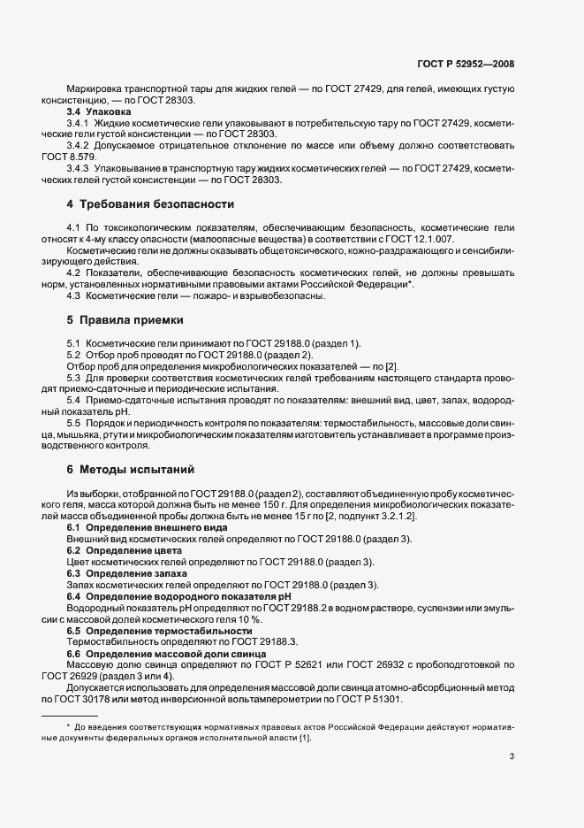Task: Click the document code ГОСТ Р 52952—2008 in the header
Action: (466, 64)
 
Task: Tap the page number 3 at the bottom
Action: (512, 755)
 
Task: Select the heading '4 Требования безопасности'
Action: (150, 204)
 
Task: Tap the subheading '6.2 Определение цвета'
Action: (116, 550)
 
